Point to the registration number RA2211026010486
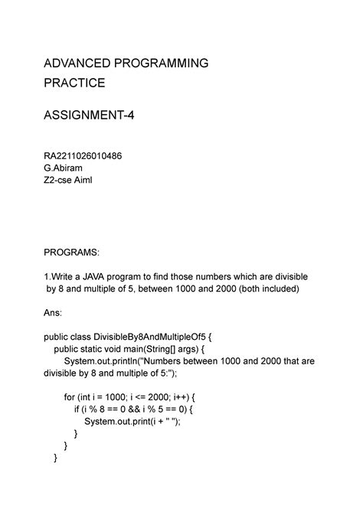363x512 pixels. pyautogui.click(x=83, y=155)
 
